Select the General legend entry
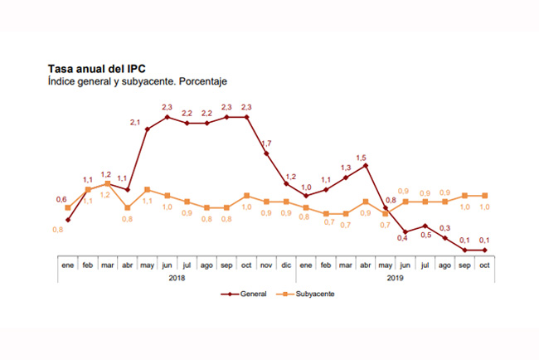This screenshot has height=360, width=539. pyautogui.click(x=244, y=294)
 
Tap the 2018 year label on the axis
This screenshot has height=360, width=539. pyautogui.click(x=177, y=278)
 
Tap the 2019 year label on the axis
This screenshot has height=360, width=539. pyautogui.click(x=395, y=278)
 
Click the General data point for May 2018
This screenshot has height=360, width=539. pyautogui.click(x=147, y=129)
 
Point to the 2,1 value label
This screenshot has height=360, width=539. pyautogui.click(x=136, y=122)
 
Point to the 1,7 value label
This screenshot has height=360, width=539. pyautogui.click(x=267, y=144)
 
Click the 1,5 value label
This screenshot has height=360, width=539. pyautogui.click(x=361, y=158)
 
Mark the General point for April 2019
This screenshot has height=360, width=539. pyautogui.click(x=366, y=165)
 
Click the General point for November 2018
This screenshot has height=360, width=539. pyautogui.click(x=266, y=153)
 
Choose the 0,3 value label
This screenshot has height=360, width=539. pyautogui.click(x=445, y=228)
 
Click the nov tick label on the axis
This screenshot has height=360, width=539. pyautogui.click(x=266, y=265)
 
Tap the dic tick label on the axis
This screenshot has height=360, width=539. pyautogui.click(x=286, y=265)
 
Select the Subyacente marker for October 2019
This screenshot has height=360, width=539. pyautogui.click(x=484, y=196)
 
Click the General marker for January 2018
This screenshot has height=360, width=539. pyautogui.click(x=68, y=220)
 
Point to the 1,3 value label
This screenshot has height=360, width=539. pyautogui.click(x=345, y=168)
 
